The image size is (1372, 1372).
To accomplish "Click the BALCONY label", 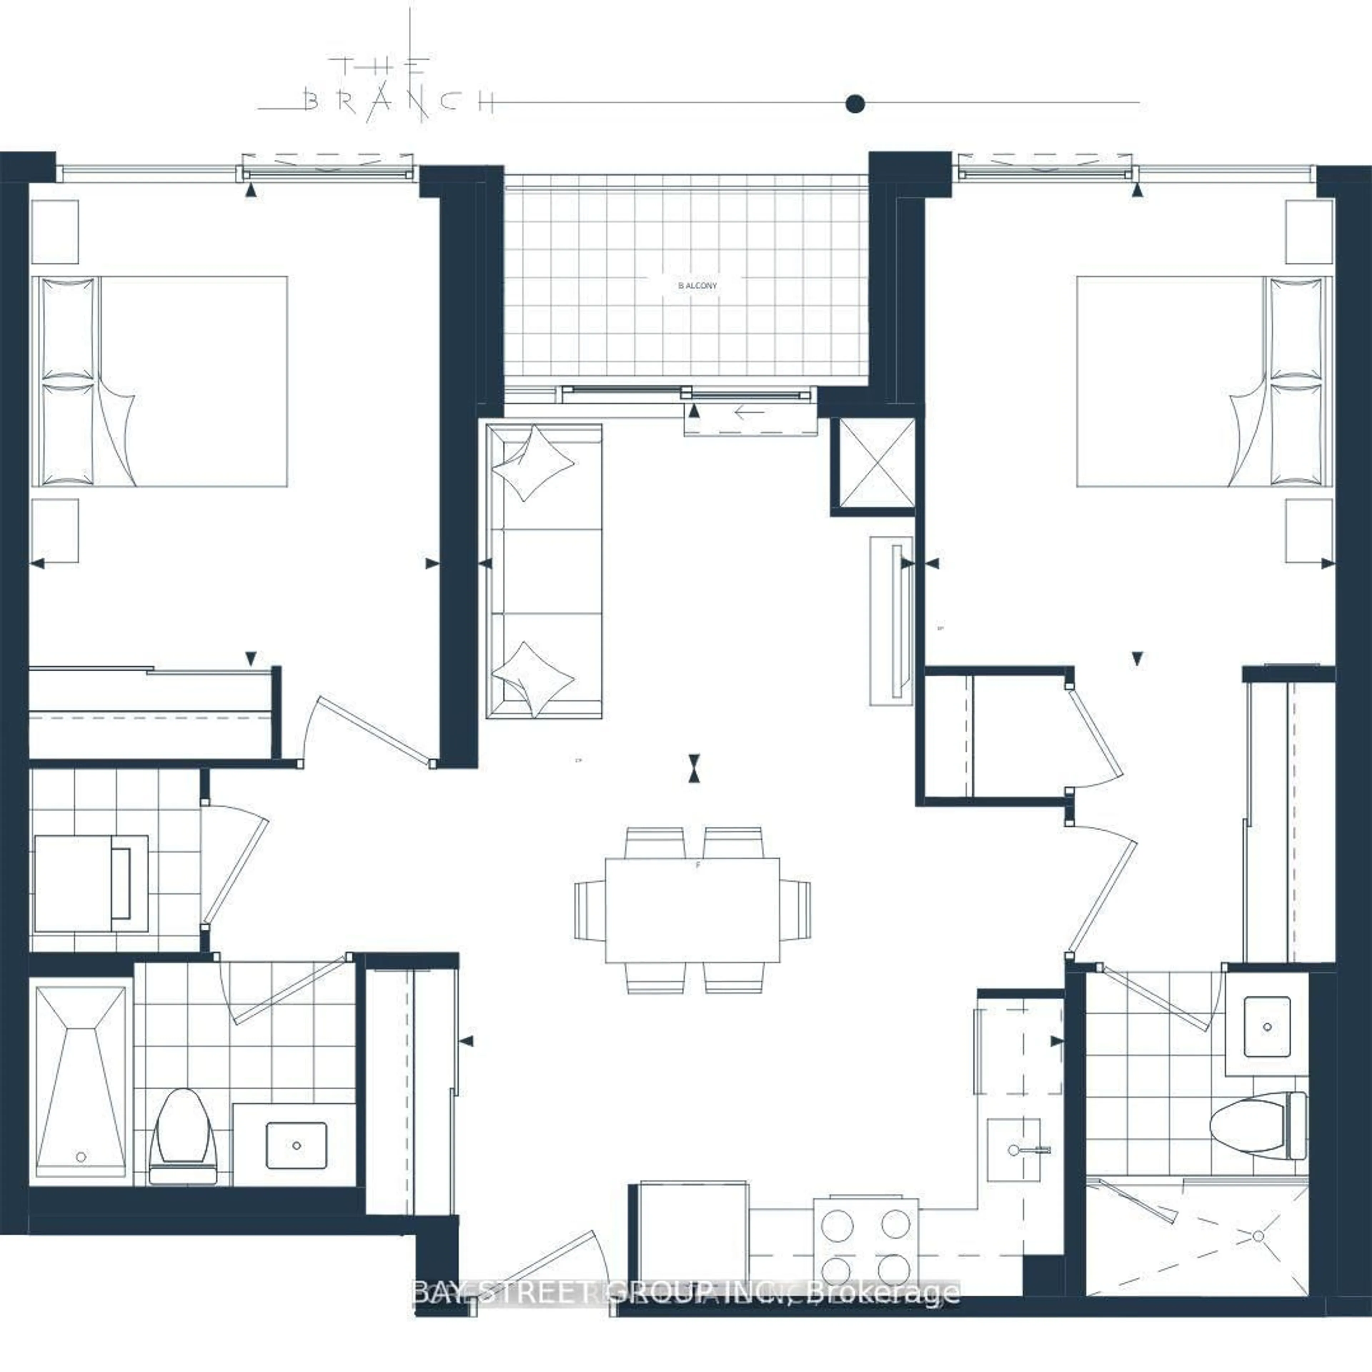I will click(x=697, y=285).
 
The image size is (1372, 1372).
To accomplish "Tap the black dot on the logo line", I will click(x=855, y=104).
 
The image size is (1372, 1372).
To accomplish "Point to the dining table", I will click(x=692, y=910).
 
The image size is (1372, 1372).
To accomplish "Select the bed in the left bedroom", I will click(x=160, y=381).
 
